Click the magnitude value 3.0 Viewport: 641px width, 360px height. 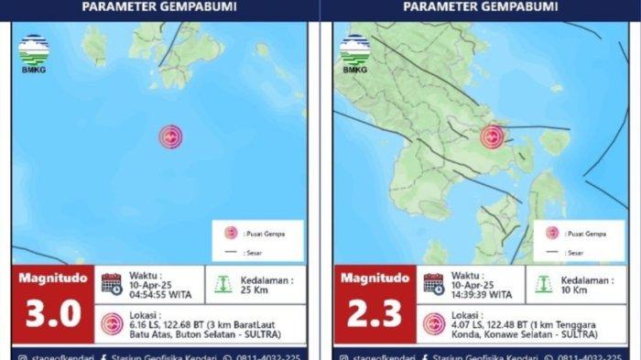click(53, 313)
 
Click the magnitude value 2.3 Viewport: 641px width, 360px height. click(375, 313)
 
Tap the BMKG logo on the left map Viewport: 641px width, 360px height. click(34, 53)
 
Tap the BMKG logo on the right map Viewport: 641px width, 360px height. click(355, 53)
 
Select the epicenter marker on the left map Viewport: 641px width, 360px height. click(170, 136)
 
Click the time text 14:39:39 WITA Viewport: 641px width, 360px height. click(480, 295)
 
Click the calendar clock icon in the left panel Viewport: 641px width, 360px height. click(112, 283)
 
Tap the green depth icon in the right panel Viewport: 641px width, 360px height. click(544, 284)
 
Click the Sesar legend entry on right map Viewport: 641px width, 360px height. click(577, 251)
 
